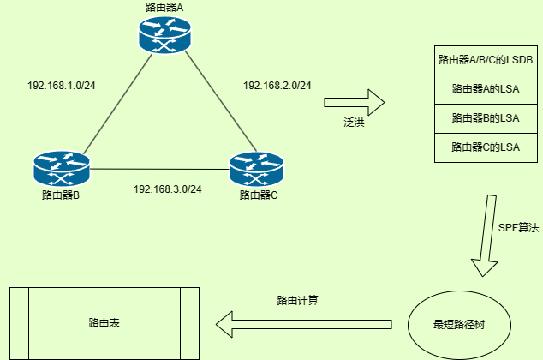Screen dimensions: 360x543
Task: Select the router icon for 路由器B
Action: click(62, 169)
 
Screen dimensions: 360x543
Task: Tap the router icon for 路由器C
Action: click(258, 169)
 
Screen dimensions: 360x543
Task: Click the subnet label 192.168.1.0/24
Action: click(62, 86)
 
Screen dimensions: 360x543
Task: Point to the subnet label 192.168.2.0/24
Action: click(277, 86)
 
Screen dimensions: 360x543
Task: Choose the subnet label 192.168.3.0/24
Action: click(168, 189)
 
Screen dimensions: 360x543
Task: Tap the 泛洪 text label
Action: click(355, 124)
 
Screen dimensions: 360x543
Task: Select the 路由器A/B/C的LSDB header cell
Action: click(486, 60)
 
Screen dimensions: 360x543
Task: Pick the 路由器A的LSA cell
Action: click(486, 88)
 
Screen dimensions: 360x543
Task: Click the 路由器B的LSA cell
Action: click(486, 117)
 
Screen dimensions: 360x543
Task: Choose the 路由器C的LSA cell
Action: click(486, 147)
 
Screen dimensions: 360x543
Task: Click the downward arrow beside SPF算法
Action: click(486, 236)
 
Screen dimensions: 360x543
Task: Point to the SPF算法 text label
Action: click(518, 228)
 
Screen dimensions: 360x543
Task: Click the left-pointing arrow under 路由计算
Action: click(303, 324)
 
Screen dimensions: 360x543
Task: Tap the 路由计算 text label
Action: click(298, 301)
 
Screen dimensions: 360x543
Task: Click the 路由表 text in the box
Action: click(104, 323)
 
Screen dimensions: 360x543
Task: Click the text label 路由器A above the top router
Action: click(165, 8)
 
